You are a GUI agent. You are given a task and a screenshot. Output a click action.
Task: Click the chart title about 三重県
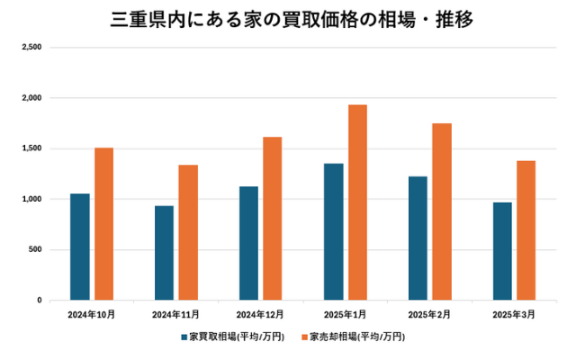[292, 17]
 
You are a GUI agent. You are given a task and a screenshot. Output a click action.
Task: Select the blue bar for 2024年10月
[80, 247]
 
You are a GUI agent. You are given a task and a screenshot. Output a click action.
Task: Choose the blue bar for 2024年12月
[248, 243]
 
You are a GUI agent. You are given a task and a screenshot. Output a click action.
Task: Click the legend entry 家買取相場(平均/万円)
[232, 337]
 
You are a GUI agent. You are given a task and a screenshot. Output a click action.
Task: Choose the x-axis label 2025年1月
[345, 314]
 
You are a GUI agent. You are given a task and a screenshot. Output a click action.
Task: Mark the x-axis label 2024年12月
[260, 314]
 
